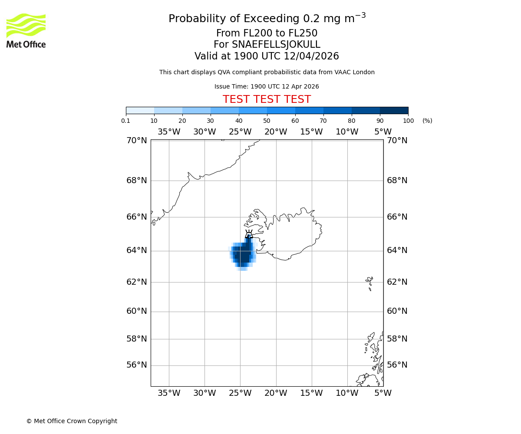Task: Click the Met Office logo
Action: (x=26, y=30)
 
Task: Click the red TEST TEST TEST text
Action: (x=267, y=99)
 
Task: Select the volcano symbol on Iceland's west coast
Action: (x=249, y=234)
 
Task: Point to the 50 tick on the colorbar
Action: (x=267, y=121)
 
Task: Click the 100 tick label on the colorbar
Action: (x=408, y=121)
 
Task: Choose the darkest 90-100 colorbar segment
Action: (x=394, y=110)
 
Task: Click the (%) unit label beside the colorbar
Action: (x=427, y=121)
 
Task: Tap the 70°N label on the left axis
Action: (x=137, y=140)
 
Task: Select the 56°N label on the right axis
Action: (x=397, y=365)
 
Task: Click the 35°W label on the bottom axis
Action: (x=168, y=393)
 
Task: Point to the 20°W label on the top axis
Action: (x=276, y=132)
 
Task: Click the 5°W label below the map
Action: (x=383, y=393)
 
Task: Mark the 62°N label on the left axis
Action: (x=137, y=282)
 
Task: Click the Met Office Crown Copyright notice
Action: (x=72, y=421)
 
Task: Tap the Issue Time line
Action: (x=267, y=86)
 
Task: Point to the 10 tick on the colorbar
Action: (x=154, y=121)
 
